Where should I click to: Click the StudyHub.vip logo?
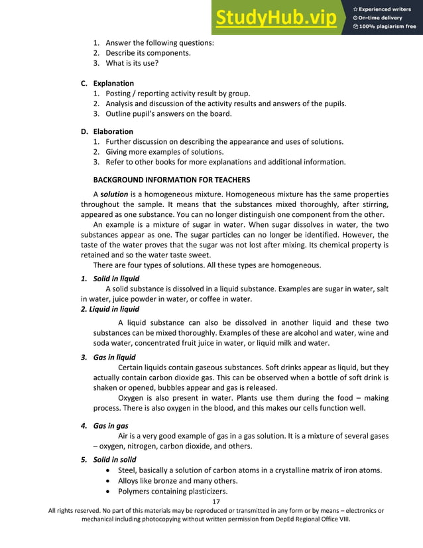(276, 18)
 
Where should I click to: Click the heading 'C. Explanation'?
(107, 84)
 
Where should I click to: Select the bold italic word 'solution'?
(114, 194)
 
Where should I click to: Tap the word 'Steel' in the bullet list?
(128, 470)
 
